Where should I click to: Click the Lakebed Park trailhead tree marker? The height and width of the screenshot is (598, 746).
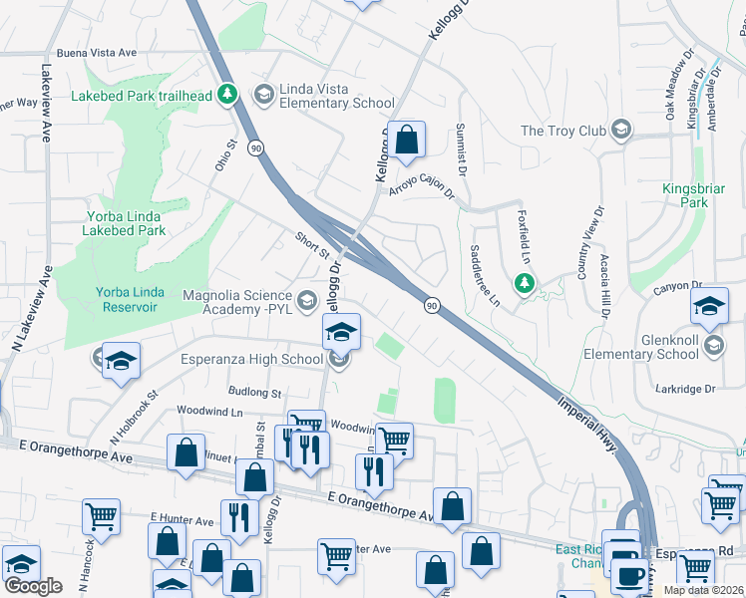227,95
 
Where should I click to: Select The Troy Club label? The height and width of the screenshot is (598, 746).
563,131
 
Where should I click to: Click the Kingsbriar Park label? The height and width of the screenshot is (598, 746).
685,195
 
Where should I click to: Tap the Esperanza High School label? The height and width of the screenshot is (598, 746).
251,359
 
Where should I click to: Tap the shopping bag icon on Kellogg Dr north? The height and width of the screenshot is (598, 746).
407,142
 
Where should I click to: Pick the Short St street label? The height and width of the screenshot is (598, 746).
312,245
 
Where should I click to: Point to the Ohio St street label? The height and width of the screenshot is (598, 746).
223,154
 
